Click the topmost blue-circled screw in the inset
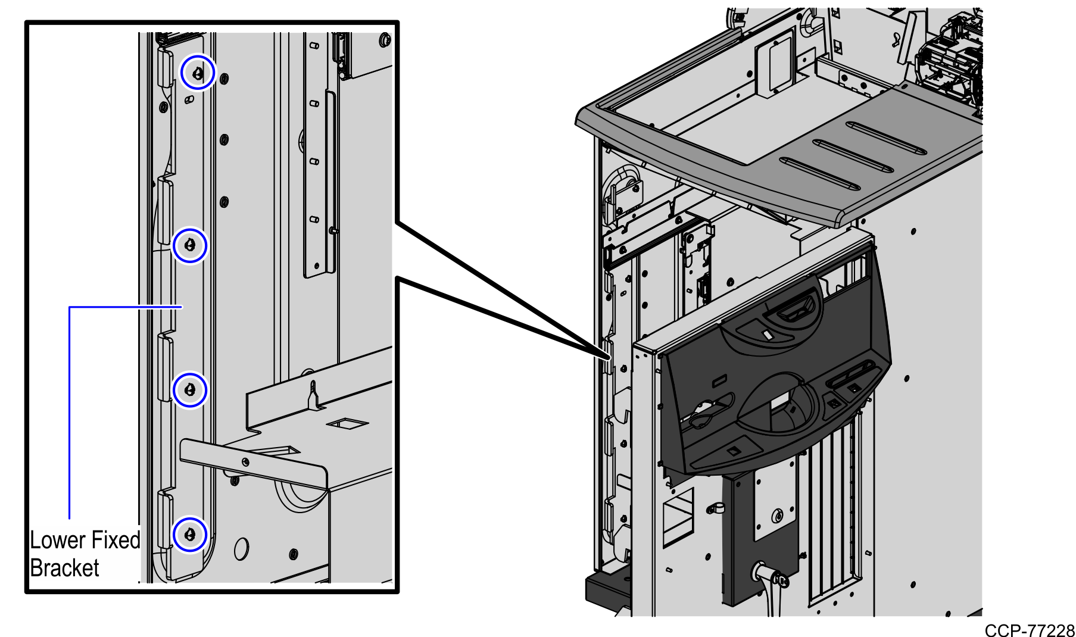pyautogui.click(x=198, y=73)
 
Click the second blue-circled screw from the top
pyautogui.click(x=190, y=245)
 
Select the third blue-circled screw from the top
pyautogui.click(x=190, y=390)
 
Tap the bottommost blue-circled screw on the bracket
pyautogui.click(x=190, y=534)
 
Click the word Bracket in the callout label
pyautogui.click(x=64, y=568)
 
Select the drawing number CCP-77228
pyautogui.click(x=1029, y=630)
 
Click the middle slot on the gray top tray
pyautogui.click(x=853, y=157)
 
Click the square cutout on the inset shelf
pyautogui.click(x=347, y=423)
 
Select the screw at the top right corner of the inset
pyautogui.click(x=385, y=40)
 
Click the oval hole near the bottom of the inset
pyautogui.click(x=241, y=549)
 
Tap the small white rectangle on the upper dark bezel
pyautogui.click(x=767, y=336)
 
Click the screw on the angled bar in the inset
pyautogui.click(x=245, y=461)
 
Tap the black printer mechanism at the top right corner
pyautogui.click(x=950, y=65)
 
